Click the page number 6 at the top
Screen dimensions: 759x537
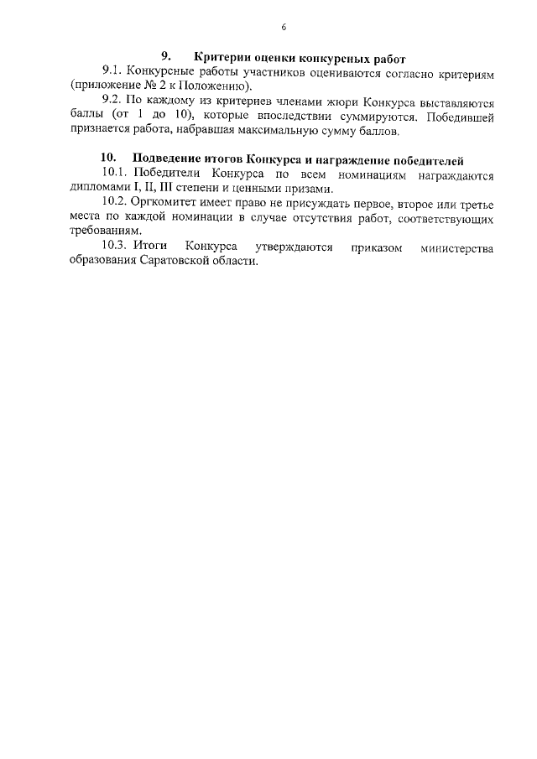[x=284, y=28]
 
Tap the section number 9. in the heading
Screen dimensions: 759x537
[x=166, y=58]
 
